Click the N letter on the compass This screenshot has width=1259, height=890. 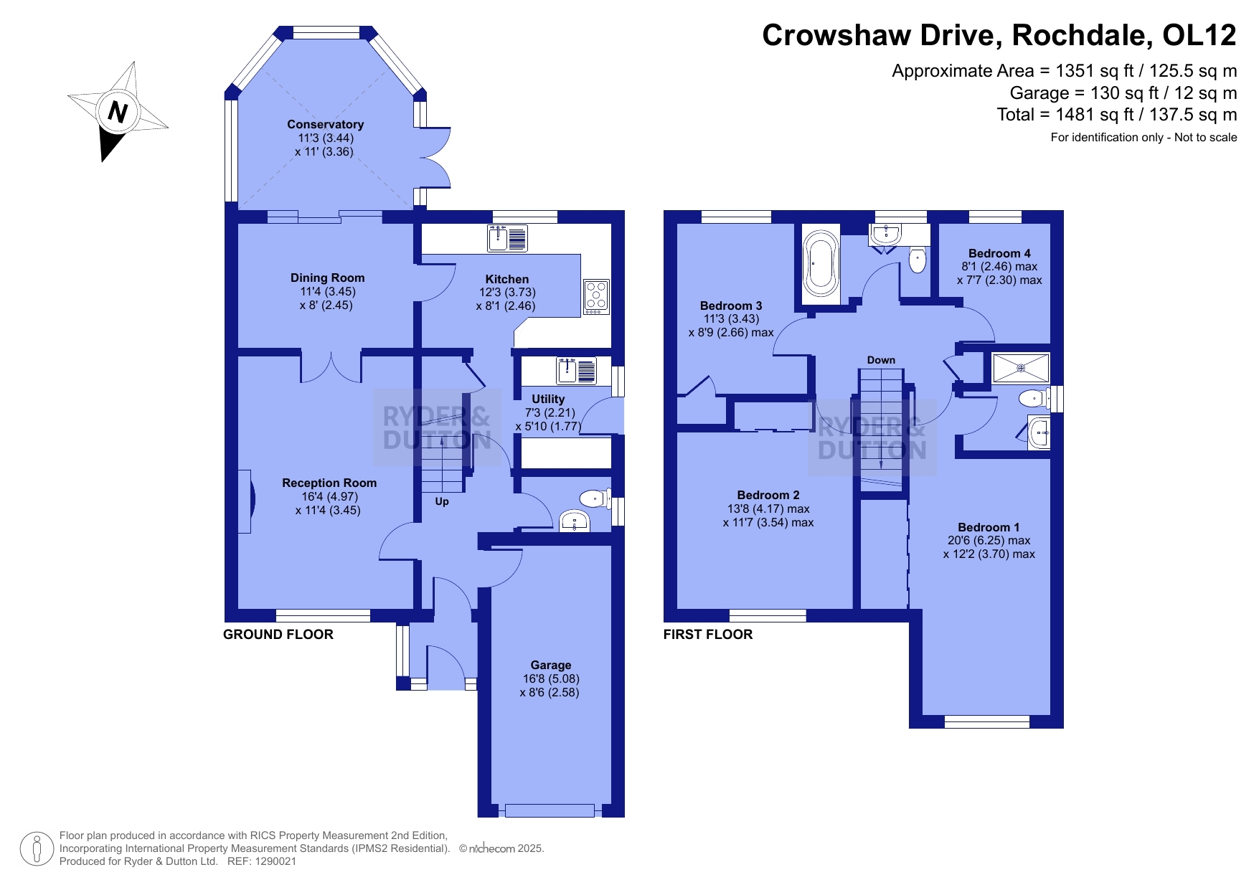[118, 112]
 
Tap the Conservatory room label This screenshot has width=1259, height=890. [325, 124]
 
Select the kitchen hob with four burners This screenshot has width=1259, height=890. [596, 297]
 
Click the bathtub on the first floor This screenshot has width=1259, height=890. [821, 264]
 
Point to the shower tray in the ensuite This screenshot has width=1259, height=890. [1021, 368]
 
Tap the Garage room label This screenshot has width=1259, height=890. [551, 665]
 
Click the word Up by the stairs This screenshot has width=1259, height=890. [442, 501]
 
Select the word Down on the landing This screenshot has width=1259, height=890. [881, 360]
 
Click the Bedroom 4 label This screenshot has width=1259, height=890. [999, 253]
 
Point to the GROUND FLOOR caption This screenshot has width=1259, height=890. [278, 634]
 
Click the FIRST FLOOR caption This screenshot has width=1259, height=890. [708, 634]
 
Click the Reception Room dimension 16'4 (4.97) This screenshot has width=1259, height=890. [329, 496]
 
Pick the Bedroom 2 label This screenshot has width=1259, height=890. [768, 495]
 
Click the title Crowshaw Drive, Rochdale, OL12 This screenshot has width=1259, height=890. [999, 35]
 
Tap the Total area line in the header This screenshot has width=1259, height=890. [1117, 114]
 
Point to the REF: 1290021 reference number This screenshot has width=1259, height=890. [261, 861]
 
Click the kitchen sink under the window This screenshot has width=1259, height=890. [507, 238]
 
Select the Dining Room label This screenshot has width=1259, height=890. [327, 278]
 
